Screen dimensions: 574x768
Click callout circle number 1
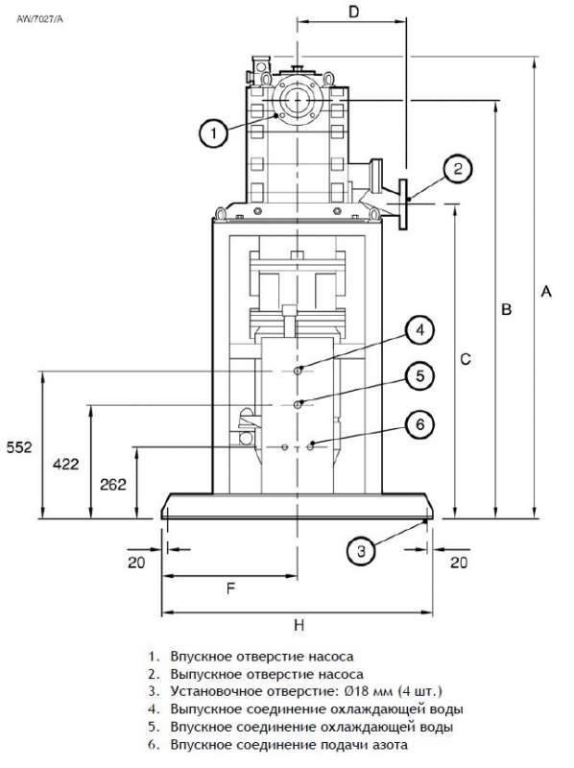coord(213,132)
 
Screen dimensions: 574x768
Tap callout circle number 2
coord(458,169)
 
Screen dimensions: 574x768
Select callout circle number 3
coord(361,551)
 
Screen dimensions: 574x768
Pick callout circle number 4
coord(420,330)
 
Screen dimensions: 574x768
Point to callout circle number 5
coord(420,376)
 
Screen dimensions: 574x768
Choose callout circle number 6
coord(420,423)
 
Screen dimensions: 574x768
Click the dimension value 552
coord(19,447)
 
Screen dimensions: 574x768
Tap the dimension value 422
coord(65,464)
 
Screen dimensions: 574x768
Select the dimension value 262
coord(113,485)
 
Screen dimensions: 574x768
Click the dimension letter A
coord(546,292)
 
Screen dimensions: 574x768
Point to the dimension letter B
coord(507,309)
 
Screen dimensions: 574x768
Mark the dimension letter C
coord(466,359)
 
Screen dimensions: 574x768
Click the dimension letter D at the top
coord(353,12)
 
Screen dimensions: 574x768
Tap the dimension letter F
coord(230,588)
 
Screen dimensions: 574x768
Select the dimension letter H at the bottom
coord(299,626)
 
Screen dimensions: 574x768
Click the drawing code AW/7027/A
coord(40,19)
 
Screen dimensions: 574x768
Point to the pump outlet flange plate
coord(403,204)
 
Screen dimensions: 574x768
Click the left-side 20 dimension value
coord(136,563)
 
